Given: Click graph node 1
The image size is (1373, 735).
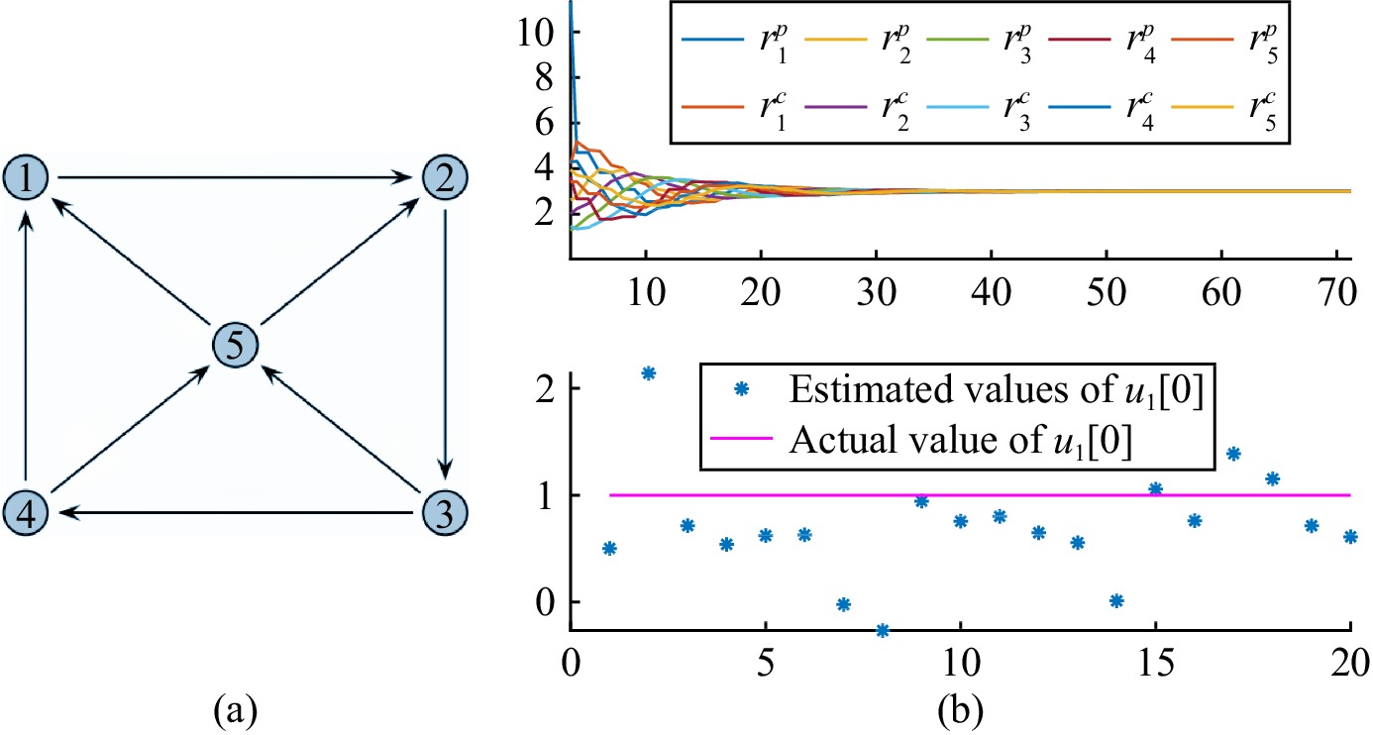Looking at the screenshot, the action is click(26, 177).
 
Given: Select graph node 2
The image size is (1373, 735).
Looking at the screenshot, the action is click(445, 177).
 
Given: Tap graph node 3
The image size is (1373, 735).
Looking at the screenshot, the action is click(445, 512).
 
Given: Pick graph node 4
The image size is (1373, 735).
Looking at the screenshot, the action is click(26, 512).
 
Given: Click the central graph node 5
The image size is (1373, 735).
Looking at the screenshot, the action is click(236, 345).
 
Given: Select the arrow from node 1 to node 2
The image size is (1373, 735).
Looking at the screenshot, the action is click(236, 177).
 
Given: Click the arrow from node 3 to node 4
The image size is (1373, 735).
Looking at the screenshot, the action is click(236, 512).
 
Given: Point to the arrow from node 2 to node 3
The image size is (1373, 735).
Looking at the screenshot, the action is click(445, 345).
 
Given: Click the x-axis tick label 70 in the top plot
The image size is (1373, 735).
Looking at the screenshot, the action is click(1336, 292).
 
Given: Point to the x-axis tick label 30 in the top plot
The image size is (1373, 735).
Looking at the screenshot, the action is click(877, 292).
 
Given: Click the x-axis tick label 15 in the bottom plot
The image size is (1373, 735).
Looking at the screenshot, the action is click(1155, 663).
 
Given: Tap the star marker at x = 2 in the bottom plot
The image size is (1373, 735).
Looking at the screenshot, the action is click(649, 372).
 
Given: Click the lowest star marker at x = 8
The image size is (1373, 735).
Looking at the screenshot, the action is click(883, 630).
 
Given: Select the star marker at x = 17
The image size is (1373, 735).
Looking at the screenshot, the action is click(1234, 454).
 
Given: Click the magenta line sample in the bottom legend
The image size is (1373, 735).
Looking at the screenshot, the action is click(741, 439).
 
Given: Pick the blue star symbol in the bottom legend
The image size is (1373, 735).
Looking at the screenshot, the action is click(742, 388).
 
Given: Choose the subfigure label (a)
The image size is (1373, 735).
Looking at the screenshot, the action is click(236, 710).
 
